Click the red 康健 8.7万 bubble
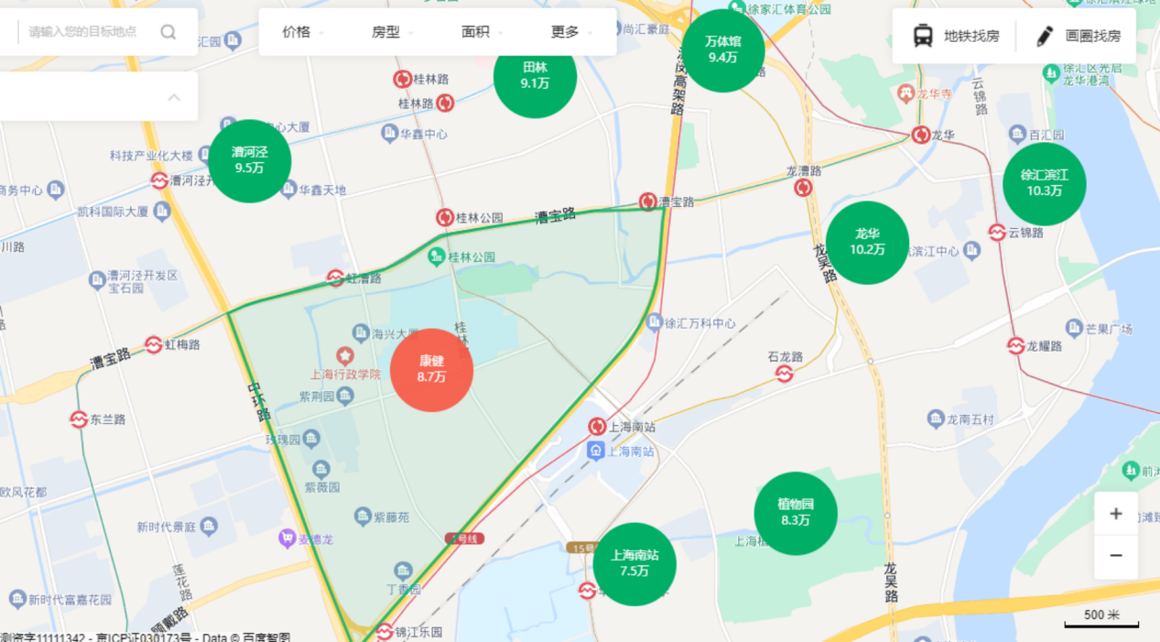point(431,370)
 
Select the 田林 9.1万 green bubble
point(535,76)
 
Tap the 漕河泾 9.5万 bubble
point(249,160)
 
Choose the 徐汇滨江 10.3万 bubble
point(1044,183)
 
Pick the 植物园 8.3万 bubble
point(795,513)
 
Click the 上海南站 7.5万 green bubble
point(634,563)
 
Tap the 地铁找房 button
point(956,36)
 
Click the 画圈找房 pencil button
point(1079,36)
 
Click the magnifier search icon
point(168,32)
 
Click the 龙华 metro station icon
point(920,136)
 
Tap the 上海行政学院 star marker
point(344,355)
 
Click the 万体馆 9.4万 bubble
point(722,49)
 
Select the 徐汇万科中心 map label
point(699,323)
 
